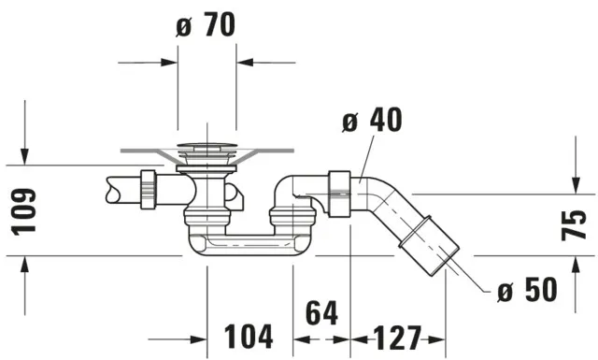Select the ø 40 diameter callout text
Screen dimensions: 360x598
[372, 121]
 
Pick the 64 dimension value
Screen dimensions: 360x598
[322, 313]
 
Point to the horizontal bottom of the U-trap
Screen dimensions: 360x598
[249, 247]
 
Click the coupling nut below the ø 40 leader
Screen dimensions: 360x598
[339, 193]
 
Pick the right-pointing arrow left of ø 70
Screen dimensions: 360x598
[165, 63]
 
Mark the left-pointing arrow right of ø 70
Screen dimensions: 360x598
[249, 63]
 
